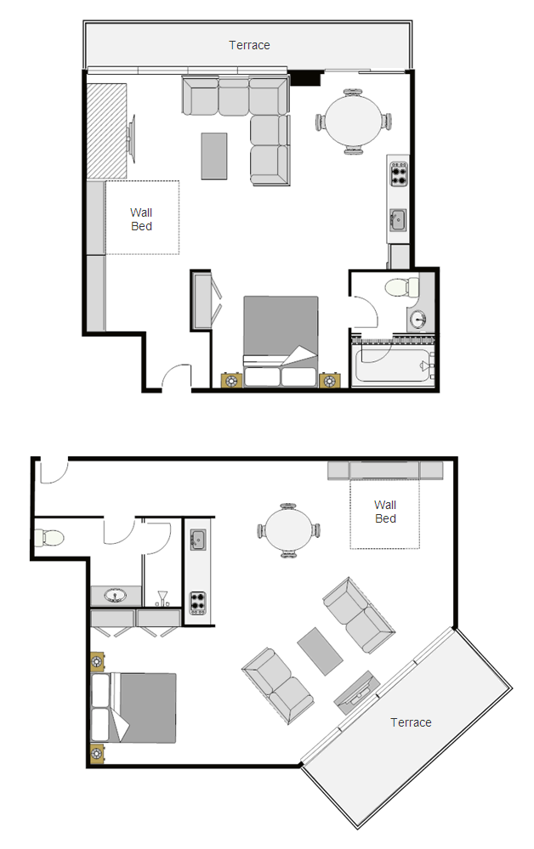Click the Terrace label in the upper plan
tap(249, 46)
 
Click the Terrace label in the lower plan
tap(411, 722)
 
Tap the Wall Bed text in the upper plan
tap(141, 219)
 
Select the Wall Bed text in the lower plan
tap(385, 512)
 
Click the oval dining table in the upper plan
tap(354, 122)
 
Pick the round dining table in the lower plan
tap(288, 530)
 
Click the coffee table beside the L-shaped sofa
tap(214, 156)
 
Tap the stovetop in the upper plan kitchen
tap(399, 174)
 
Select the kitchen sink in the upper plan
tap(398, 220)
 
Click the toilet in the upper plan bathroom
tap(402, 287)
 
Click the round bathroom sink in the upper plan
tap(418, 320)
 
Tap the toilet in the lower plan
tap(48, 538)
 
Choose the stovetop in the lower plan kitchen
tap(197, 603)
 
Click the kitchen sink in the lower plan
tap(197, 540)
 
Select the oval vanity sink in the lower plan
tap(115, 596)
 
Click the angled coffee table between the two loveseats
tap(320, 651)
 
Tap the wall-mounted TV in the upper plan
tap(130, 139)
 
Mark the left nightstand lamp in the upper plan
tap(231, 381)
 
